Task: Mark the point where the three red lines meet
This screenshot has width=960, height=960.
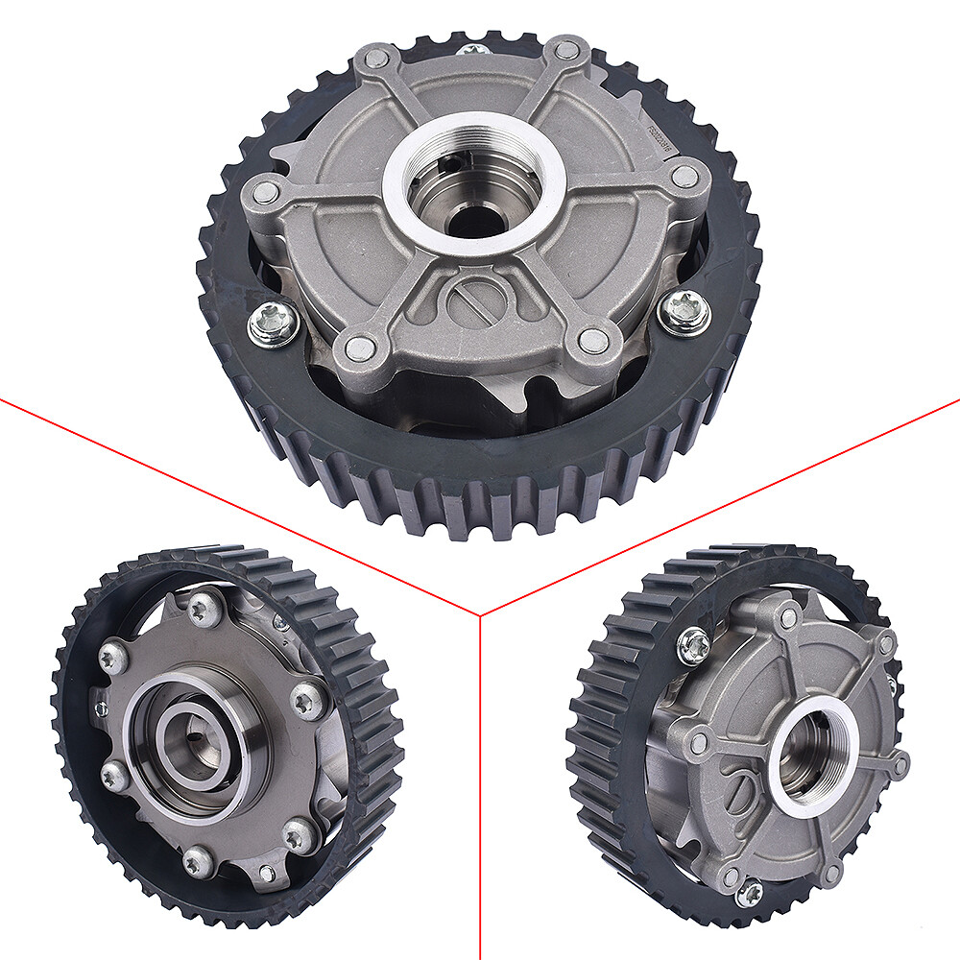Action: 480,614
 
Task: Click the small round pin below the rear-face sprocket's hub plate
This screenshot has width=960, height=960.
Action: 267,874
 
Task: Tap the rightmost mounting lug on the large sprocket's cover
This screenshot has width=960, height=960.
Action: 685,175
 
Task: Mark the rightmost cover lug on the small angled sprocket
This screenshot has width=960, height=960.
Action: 900,765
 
